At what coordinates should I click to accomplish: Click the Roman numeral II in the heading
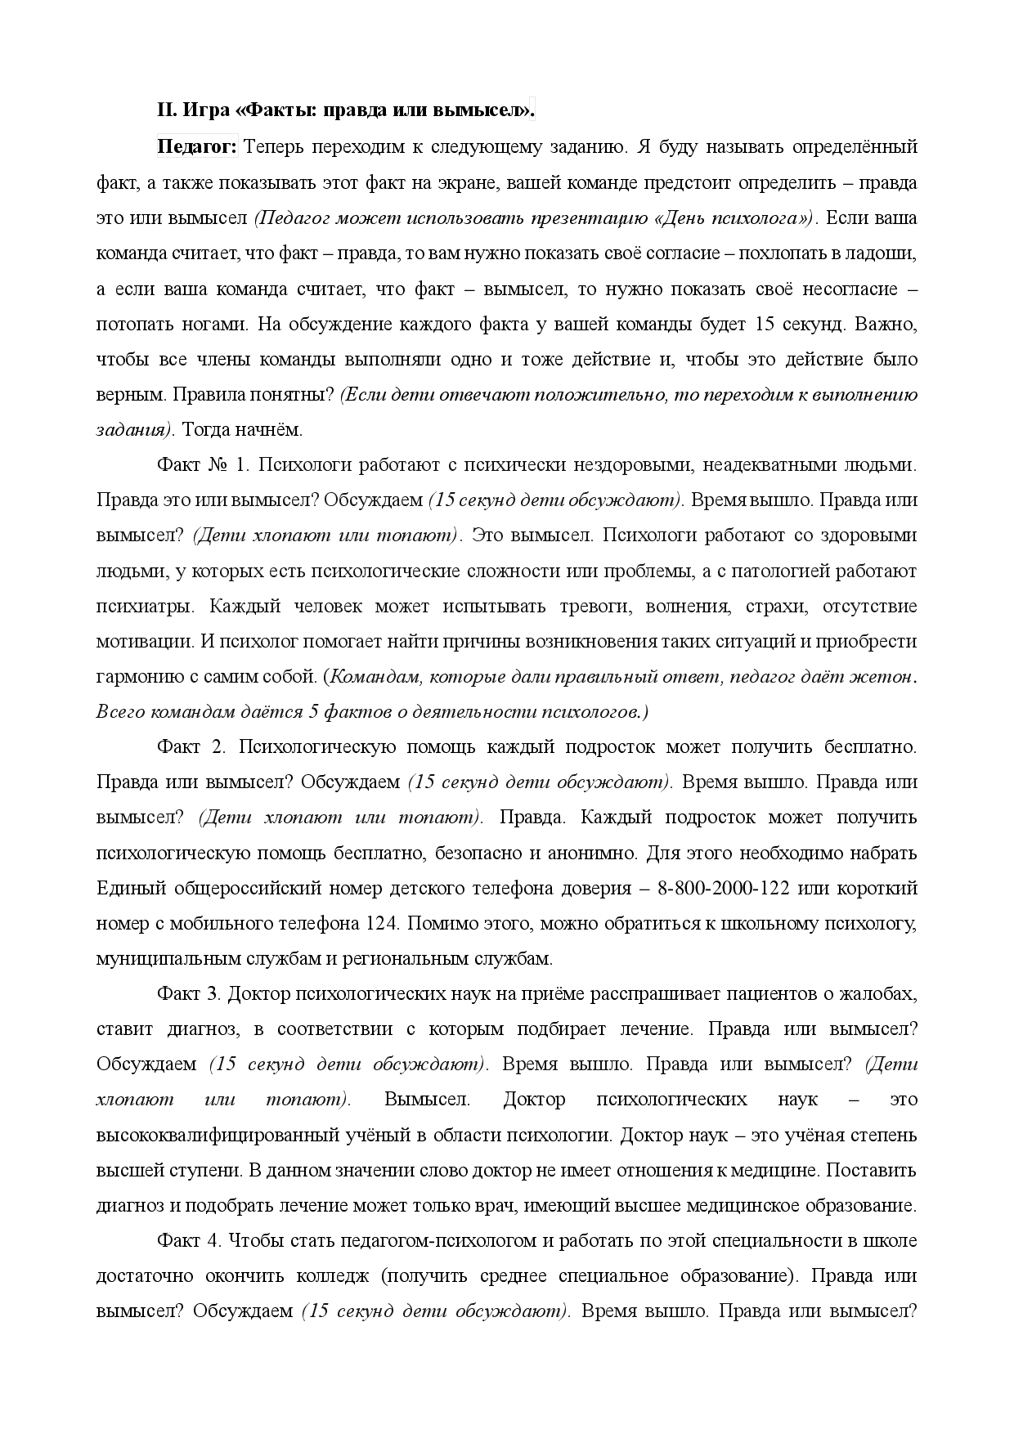point(166,109)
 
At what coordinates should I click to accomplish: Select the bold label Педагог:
point(197,146)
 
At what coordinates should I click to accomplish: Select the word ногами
point(216,324)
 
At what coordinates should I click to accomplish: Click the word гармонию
point(133,677)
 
